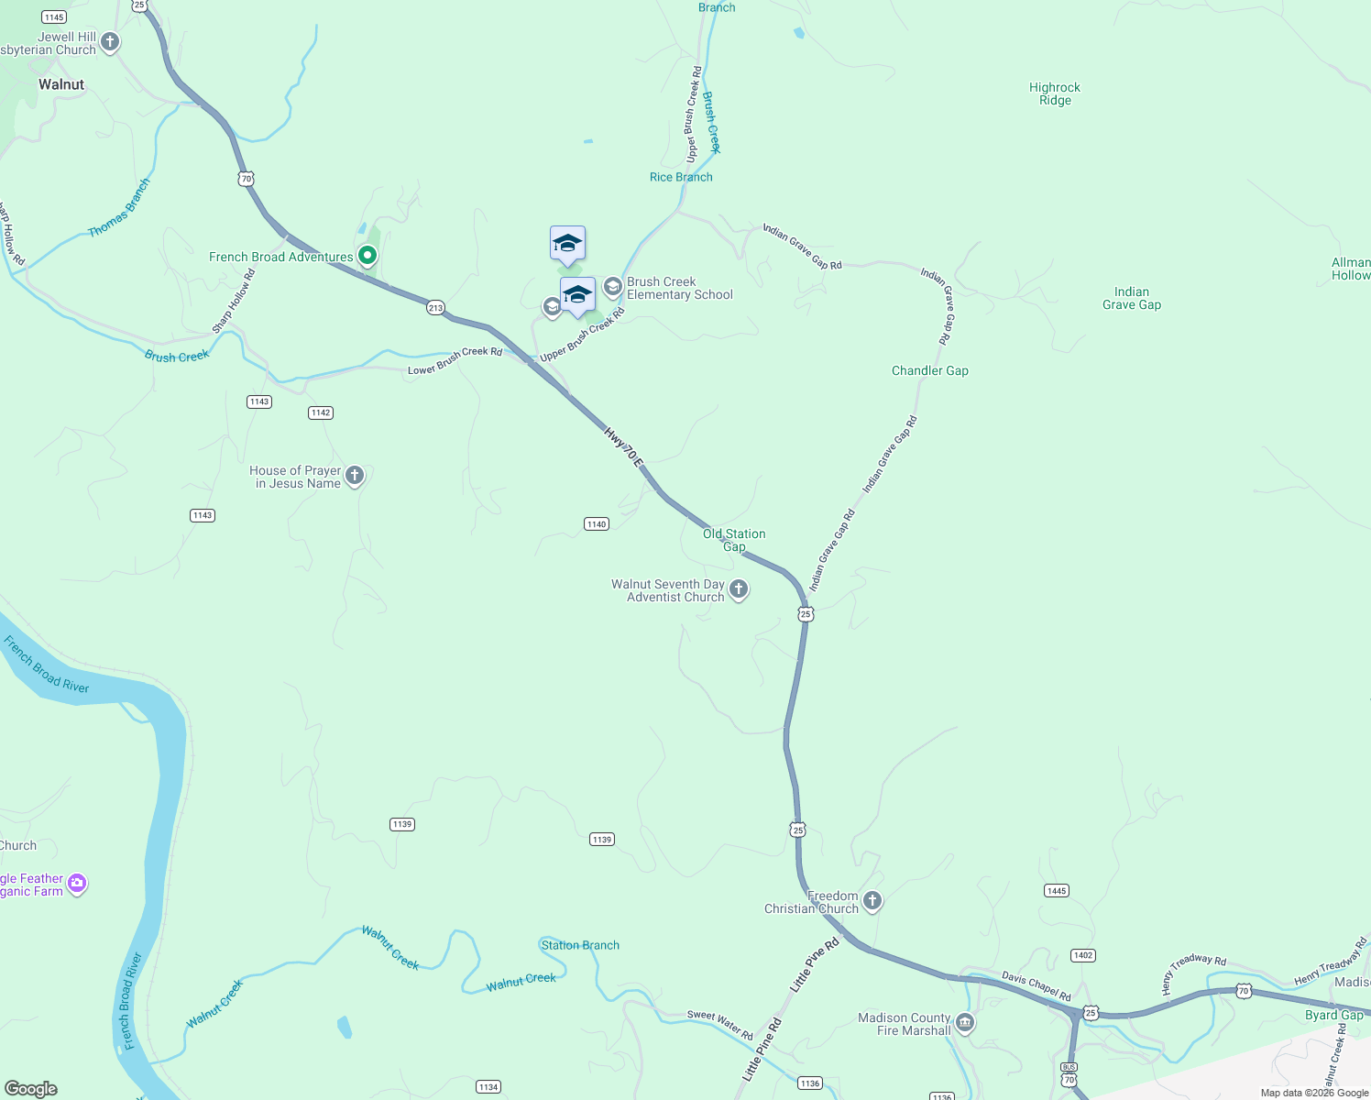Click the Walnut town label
(x=61, y=84)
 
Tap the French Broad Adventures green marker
(x=367, y=256)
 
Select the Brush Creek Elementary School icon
(x=612, y=287)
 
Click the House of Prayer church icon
(x=355, y=476)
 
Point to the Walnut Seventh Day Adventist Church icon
(x=739, y=589)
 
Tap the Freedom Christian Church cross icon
(x=872, y=901)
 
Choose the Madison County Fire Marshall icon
(x=964, y=1023)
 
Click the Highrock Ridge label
(x=1054, y=94)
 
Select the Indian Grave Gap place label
(x=1131, y=299)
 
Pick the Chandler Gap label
(x=929, y=371)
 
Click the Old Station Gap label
(x=734, y=540)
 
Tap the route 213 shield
(x=435, y=308)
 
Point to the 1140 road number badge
(x=597, y=524)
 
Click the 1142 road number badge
(x=320, y=412)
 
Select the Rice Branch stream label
(x=680, y=178)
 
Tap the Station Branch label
(x=580, y=945)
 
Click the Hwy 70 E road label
(x=624, y=446)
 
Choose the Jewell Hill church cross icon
(x=110, y=41)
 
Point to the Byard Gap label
(x=1333, y=1015)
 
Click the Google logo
(x=31, y=1089)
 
